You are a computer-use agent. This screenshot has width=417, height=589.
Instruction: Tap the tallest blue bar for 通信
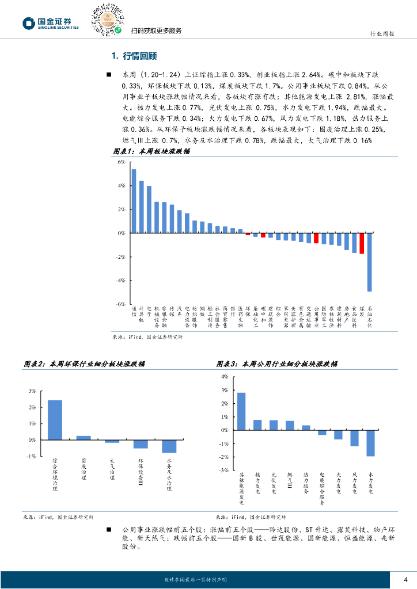click(x=134, y=201)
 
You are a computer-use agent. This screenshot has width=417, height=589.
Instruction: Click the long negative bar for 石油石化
click(x=369, y=262)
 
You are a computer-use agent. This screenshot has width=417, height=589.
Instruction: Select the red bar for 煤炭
click(x=362, y=243)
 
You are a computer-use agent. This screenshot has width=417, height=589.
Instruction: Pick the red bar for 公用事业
click(x=316, y=238)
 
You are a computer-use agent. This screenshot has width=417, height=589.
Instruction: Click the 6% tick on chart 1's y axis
click(x=122, y=162)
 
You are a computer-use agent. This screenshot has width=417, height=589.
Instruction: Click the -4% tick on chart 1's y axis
click(x=121, y=280)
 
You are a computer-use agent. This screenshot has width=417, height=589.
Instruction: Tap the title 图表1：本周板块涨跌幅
click(x=150, y=151)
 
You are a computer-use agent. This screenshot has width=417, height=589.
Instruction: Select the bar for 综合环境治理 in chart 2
click(x=55, y=420)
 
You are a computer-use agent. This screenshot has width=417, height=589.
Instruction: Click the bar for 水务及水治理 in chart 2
click(x=169, y=446)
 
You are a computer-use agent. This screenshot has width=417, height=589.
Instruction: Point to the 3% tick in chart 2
click(x=32, y=391)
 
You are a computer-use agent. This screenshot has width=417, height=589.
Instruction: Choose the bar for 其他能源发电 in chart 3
click(x=241, y=411)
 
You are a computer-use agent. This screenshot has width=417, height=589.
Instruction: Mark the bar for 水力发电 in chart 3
click(x=370, y=443)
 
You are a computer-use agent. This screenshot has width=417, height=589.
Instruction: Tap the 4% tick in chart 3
click(x=225, y=376)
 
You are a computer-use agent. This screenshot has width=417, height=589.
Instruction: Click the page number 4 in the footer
click(x=405, y=579)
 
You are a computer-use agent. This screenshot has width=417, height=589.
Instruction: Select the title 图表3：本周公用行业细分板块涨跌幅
click(x=276, y=364)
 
